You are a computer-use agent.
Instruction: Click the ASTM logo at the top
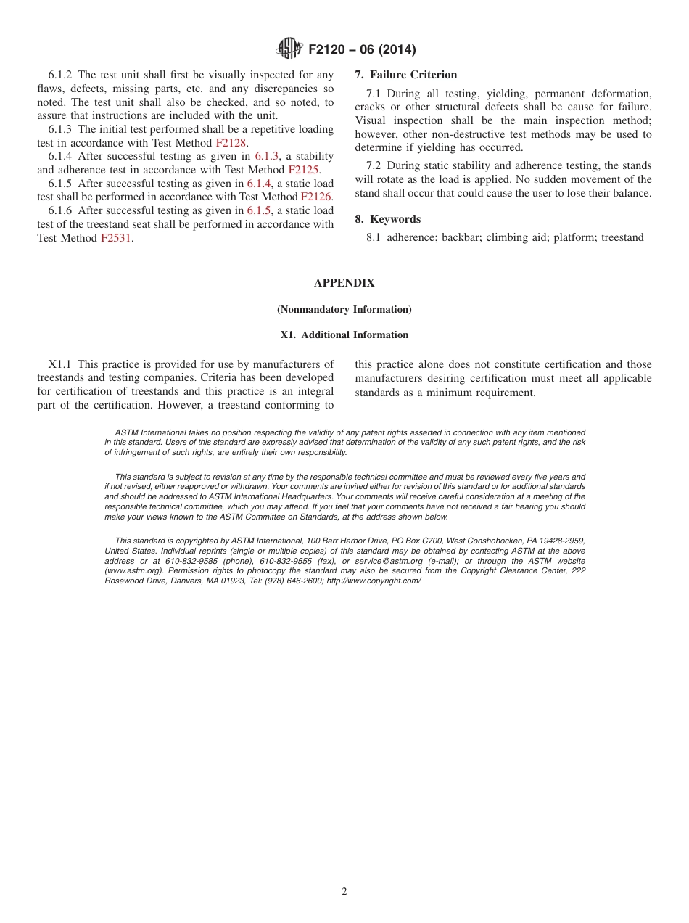[289, 49]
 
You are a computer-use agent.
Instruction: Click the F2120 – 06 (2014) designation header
[362, 50]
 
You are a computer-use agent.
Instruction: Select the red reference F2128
[231, 143]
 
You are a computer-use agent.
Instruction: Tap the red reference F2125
[303, 170]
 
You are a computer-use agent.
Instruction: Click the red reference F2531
[116, 238]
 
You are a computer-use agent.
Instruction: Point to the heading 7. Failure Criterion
[406, 75]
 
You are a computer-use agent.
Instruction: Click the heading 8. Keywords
[387, 219]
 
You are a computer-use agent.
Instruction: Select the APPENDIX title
[344, 283]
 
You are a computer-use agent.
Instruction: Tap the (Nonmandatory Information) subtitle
[344, 310]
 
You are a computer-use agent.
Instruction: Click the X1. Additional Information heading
[344, 335]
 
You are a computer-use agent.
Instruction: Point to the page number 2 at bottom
[344, 892]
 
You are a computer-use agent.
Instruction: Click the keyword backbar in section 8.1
[461, 237]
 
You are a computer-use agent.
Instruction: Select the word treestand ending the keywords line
[622, 237]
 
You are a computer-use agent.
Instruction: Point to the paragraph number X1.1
[61, 364]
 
